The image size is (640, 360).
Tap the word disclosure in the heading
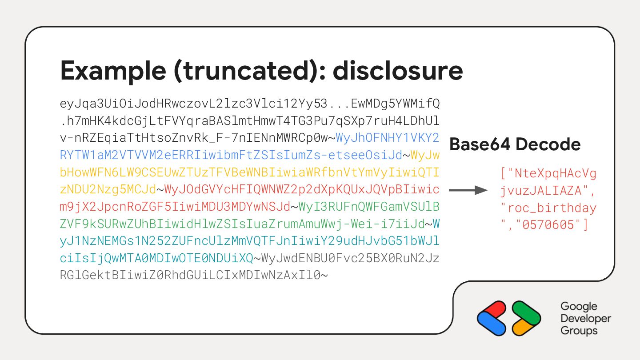[x=398, y=71]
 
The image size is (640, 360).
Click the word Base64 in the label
[x=482, y=144]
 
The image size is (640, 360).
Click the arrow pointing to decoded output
[x=468, y=190]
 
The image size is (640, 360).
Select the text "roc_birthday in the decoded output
[x=548, y=208]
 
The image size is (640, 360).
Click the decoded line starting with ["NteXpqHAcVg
[x=548, y=173]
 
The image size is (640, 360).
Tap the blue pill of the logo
[x=491, y=323]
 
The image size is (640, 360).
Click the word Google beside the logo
[x=579, y=307]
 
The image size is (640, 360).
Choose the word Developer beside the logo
[x=586, y=319]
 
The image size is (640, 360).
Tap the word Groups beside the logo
[x=579, y=331]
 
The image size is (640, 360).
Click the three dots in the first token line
[x=339, y=104]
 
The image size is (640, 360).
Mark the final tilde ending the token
[x=324, y=276]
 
